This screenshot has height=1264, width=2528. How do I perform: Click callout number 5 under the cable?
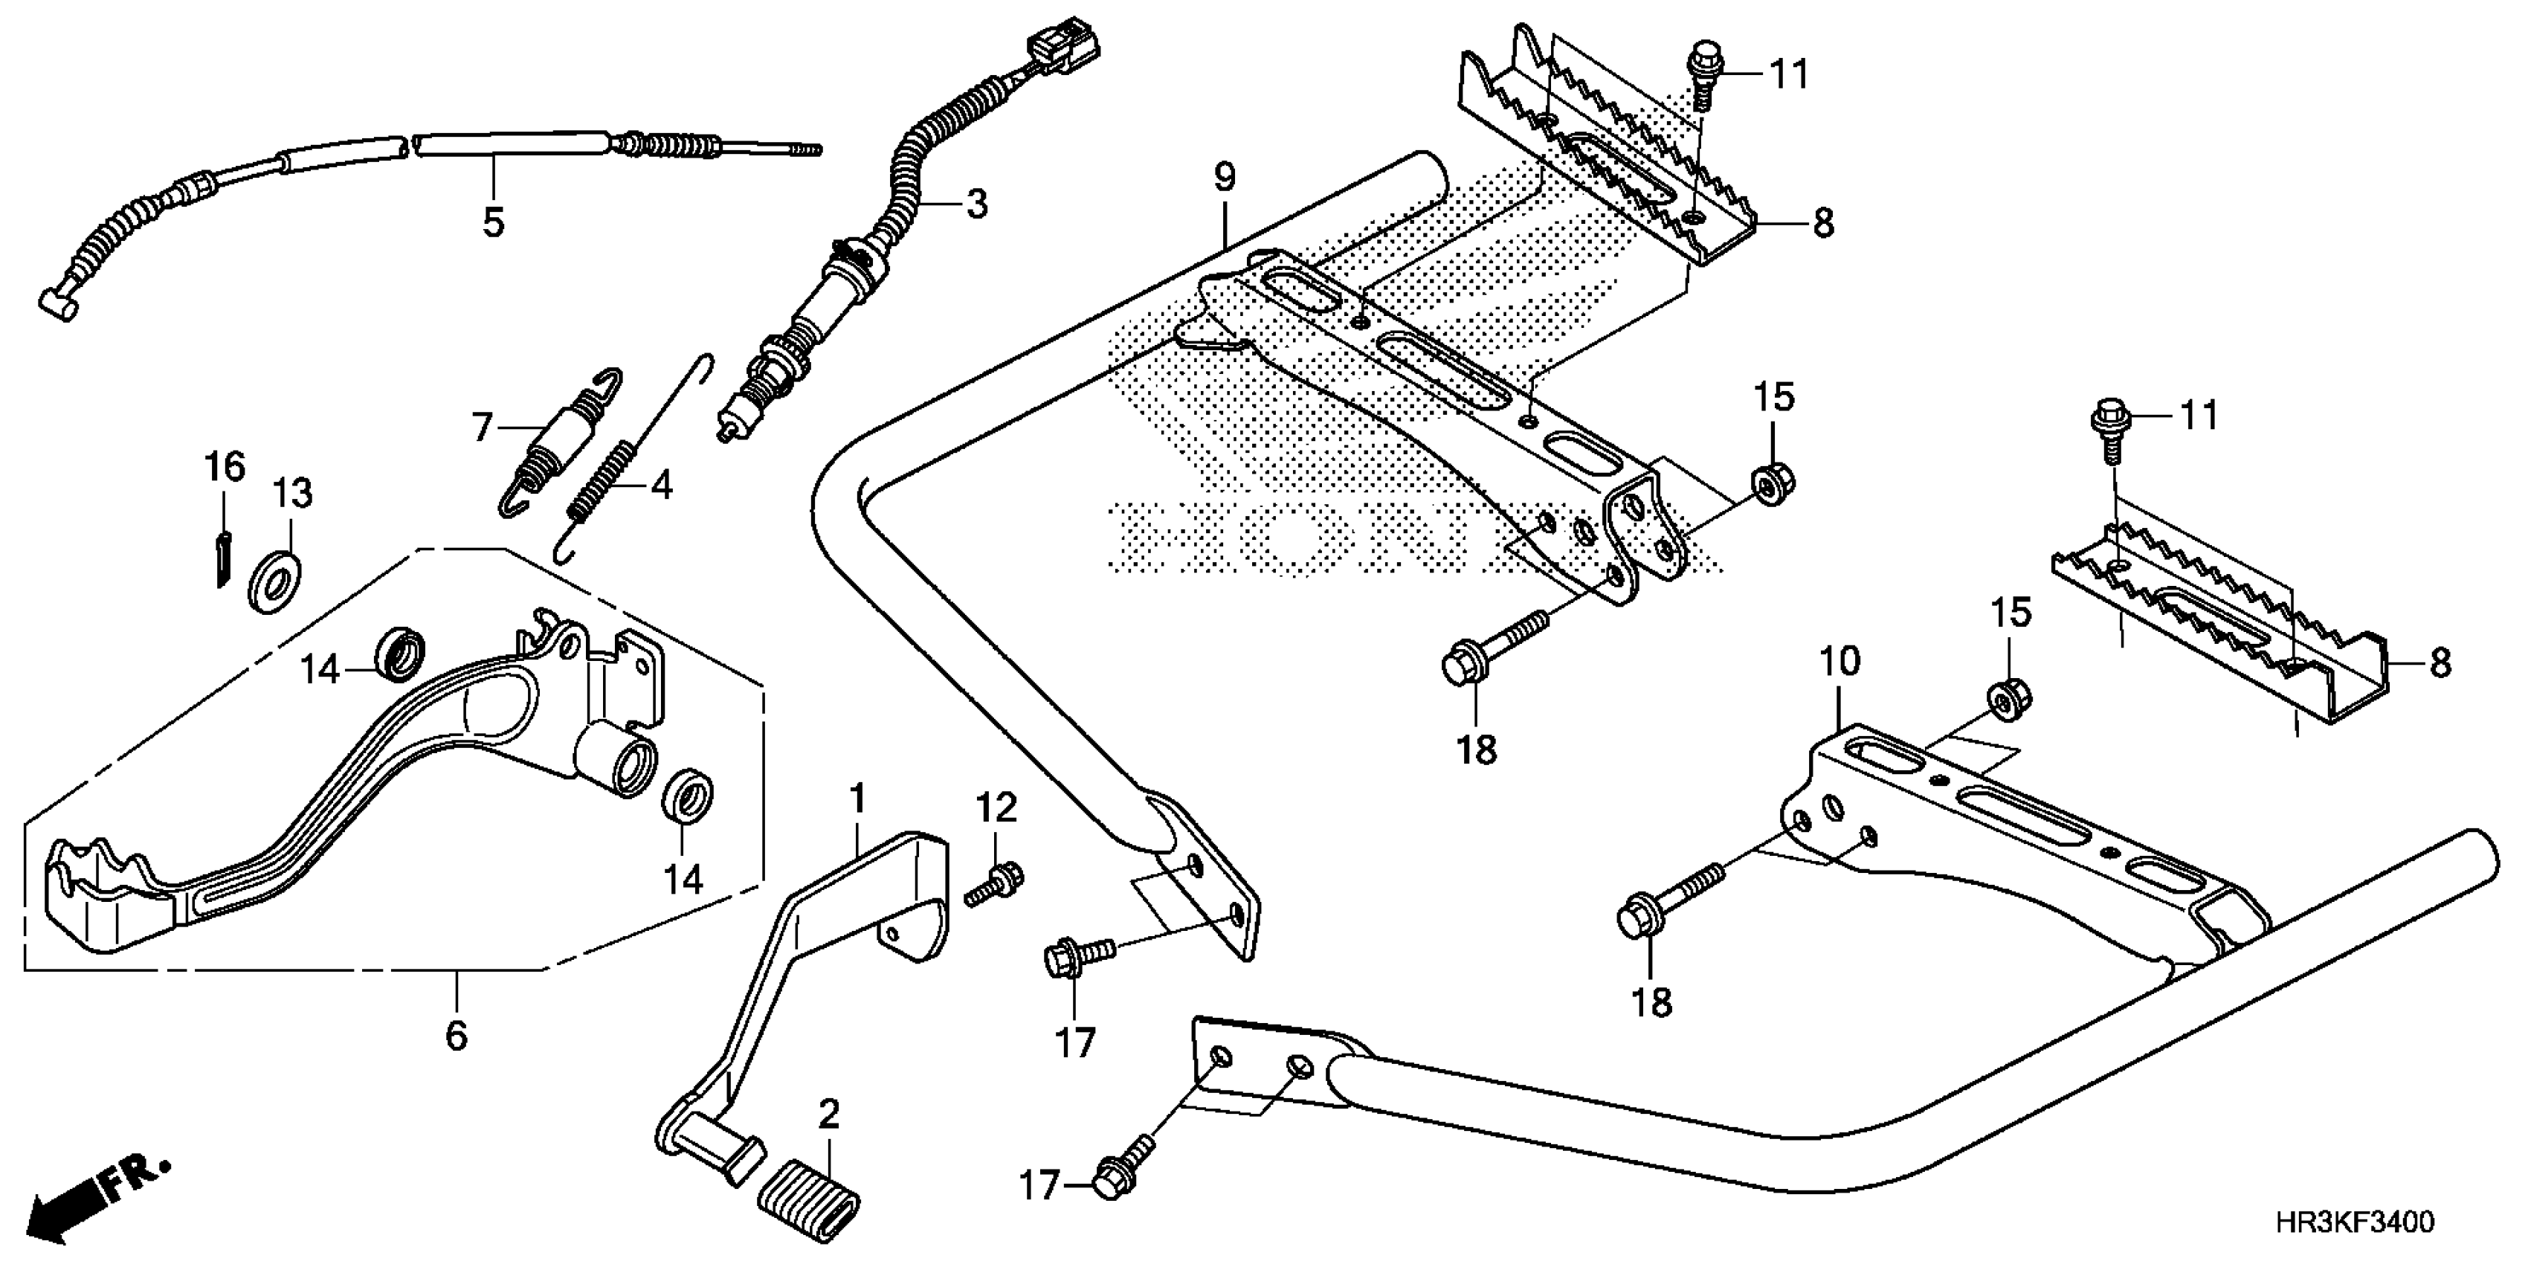tap(494, 223)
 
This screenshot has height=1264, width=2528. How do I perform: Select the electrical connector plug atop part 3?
tap(1063, 47)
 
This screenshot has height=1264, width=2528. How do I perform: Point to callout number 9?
tap(1224, 178)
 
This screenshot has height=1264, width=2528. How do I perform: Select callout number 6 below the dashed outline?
tap(457, 1035)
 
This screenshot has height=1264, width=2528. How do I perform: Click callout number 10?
tap(1840, 662)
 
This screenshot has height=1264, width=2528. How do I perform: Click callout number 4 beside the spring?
tap(662, 485)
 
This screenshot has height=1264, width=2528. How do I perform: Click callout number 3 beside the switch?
tap(976, 204)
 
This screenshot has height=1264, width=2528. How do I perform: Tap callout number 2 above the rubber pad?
tap(829, 1114)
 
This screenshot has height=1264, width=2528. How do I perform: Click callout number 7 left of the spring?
tap(482, 428)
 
